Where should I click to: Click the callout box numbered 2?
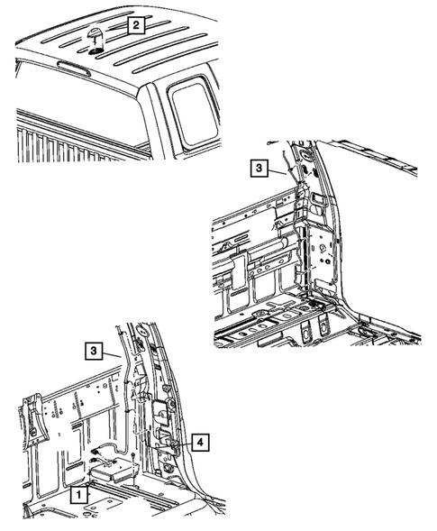point(134,25)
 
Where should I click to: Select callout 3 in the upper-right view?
point(258,168)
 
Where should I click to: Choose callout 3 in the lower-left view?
point(94,350)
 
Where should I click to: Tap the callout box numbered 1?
point(80,494)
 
